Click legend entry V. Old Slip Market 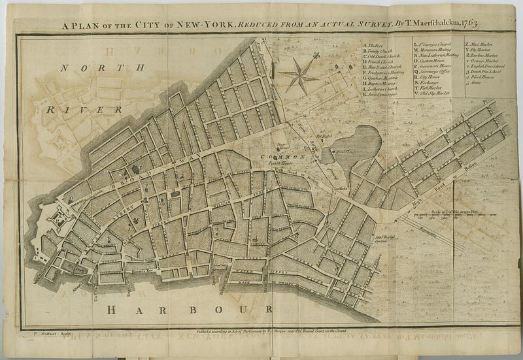(435, 95)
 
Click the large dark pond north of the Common (356, 144)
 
